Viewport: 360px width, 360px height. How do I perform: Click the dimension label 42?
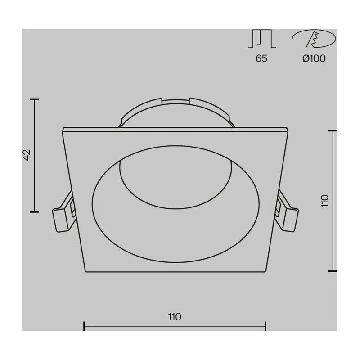click(x=27, y=155)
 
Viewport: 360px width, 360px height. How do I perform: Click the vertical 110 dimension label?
click(x=325, y=201)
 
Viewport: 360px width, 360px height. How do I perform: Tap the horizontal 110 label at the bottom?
click(x=175, y=317)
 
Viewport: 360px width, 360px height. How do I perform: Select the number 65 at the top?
click(x=261, y=58)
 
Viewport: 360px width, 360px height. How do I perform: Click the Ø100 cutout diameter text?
click(x=314, y=58)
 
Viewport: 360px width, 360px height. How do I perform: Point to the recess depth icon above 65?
click(x=262, y=39)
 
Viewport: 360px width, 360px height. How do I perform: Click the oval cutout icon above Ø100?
click(x=314, y=39)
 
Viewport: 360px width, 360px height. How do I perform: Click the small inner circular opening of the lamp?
click(x=175, y=184)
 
